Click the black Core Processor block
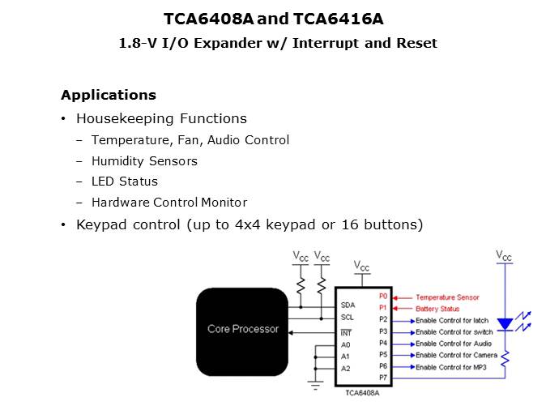pos(242,331)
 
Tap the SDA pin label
pos(348,305)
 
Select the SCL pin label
pos(348,318)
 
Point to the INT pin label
pos(346,333)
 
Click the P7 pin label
pos(383,378)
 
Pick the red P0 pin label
pos(383,296)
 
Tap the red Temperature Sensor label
pos(447,297)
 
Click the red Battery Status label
pos(437,309)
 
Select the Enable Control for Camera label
pos(457,356)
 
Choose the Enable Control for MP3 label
pos(451,367)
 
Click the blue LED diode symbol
pos(505,324)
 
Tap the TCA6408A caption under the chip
pos(362,393)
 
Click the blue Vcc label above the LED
pos(504,256)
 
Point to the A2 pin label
pos(345,369)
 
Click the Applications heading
pos(109,95)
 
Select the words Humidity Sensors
pos(144,161)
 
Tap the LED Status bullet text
pos(125,182)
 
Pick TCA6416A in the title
pos(338,19)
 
